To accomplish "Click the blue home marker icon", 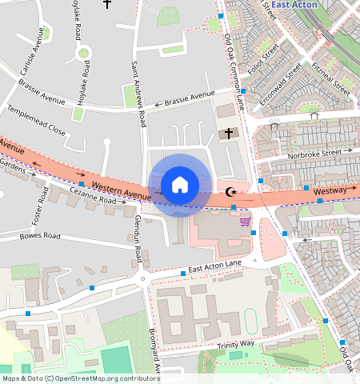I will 180,185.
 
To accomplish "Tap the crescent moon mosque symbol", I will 232,191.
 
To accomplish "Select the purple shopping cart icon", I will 245,222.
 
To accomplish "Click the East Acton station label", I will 294,5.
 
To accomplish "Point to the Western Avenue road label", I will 121,191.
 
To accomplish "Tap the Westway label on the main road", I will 330,192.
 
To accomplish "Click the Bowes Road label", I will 40,236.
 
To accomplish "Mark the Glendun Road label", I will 138,238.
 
